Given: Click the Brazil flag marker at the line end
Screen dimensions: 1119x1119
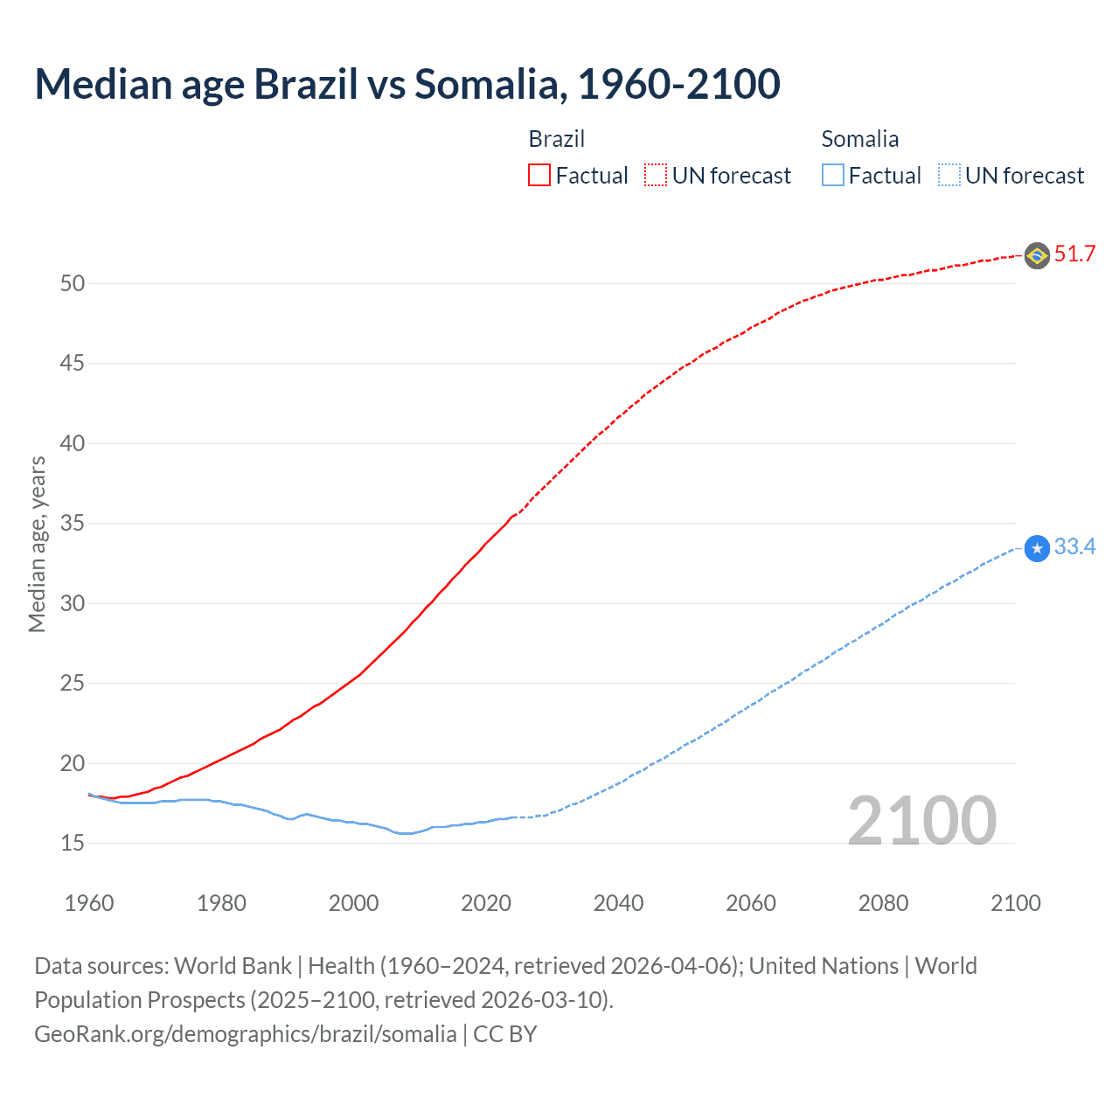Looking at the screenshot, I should point(1037,255).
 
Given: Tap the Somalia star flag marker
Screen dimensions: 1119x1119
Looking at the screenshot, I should point(1037,548).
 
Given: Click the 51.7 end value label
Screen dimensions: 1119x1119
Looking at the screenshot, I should point(1074,254).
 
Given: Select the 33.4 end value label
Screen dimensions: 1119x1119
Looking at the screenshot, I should point(1074,547).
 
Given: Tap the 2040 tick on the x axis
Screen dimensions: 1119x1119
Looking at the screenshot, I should point(618,903).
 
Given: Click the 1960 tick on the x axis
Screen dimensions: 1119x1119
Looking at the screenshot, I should point(89,903).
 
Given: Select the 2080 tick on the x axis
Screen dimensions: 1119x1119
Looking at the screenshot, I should point(883,903).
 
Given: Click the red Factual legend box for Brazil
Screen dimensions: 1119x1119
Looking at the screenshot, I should point(539,176).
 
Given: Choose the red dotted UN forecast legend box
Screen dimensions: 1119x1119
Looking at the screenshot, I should point(656,176).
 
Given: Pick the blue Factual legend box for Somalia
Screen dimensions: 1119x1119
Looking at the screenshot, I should point(833,176).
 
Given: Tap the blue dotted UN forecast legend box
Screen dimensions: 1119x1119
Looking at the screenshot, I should point(949,176).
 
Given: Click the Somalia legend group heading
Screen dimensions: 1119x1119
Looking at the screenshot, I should point(859,139).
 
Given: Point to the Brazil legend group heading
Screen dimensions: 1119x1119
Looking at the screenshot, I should point(556,139).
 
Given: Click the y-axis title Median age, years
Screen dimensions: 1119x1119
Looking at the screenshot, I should point(37,544).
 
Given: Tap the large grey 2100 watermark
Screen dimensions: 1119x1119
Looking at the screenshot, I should point(921,820).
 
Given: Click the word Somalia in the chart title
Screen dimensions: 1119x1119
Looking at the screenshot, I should point(489,84).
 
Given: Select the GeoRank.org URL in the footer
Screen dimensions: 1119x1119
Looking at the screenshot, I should point(245,1034).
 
